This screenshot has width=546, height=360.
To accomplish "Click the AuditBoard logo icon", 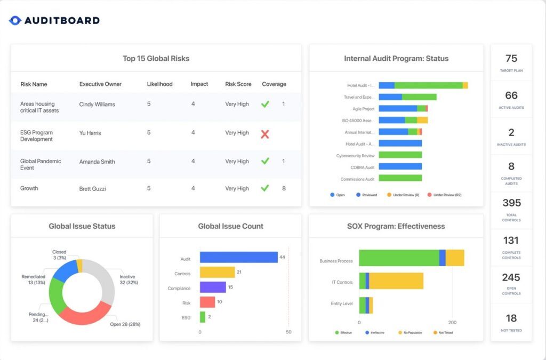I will [x=15, y=21].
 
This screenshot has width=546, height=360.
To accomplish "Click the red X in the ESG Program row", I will [x=265, y=134].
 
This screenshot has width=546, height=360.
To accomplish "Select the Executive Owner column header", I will [x=100, y=84].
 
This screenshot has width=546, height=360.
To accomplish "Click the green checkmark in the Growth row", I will [x=265, y=188].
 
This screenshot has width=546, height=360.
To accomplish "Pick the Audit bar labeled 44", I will [x=238, y=258].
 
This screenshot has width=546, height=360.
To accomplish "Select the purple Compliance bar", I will [x=213, y=287].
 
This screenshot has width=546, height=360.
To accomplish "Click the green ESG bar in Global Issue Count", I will [x=203, y=317].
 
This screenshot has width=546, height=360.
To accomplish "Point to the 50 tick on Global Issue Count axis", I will [x=288, y=332].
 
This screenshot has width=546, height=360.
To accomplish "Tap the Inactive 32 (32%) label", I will [x=127, y=280].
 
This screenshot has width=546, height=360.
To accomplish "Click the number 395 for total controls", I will [x=511, y=203].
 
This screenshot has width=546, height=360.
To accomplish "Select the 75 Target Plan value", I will [x=511, y=59].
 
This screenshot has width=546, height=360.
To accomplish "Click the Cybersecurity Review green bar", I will [x=400, y=155].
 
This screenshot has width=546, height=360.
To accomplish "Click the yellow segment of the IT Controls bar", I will [x=396, y=281].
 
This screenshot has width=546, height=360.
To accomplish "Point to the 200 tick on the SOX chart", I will [x=452, y=323].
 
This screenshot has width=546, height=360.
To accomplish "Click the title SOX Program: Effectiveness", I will [x=396, y=226].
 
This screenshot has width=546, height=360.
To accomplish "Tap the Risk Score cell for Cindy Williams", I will [x=237, y=104].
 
